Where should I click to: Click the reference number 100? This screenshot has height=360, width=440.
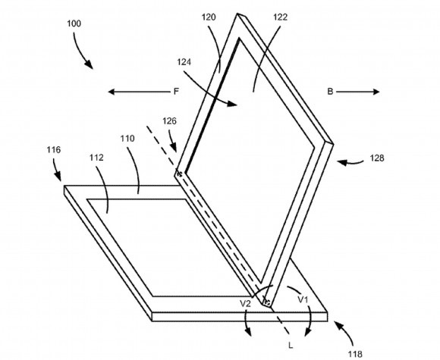74,23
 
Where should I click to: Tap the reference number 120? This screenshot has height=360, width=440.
209,17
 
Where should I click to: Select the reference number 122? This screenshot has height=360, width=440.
281,17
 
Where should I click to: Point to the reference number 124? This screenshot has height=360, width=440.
184,62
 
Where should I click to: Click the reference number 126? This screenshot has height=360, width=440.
169,121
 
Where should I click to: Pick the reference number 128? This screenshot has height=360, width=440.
377,158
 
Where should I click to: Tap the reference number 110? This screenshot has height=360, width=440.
127,139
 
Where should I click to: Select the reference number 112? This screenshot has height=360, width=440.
96,158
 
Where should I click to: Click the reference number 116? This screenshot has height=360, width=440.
54,150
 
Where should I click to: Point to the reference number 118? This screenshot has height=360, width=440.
355,354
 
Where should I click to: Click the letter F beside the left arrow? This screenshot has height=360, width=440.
176,92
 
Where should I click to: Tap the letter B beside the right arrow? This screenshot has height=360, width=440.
330,92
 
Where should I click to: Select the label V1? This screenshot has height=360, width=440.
303,300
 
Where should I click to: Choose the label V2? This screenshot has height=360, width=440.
245,303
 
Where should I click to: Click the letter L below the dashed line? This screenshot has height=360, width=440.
291,346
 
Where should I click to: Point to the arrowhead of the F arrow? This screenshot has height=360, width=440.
112,92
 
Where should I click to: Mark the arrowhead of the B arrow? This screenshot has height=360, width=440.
376,92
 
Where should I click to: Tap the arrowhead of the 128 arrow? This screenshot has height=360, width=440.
341,161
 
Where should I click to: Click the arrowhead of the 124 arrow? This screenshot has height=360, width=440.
232,104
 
